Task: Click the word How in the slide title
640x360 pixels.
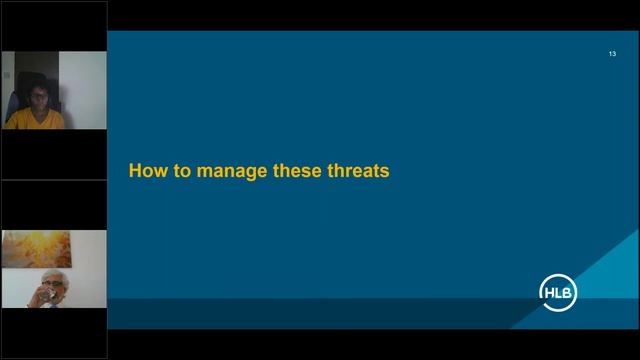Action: (x=146, y=171)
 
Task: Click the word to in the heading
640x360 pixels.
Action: (x=181, y=171)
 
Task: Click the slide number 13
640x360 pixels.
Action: (x=612, y=53)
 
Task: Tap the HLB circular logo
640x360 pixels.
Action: (x=558, y=292)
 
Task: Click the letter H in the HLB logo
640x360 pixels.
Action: (x=549, y=292)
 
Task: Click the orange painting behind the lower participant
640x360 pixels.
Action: (x=35, y=247)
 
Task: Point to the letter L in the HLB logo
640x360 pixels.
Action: (x=558, y=292)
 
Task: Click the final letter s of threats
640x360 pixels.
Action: (x=384, y=171)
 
